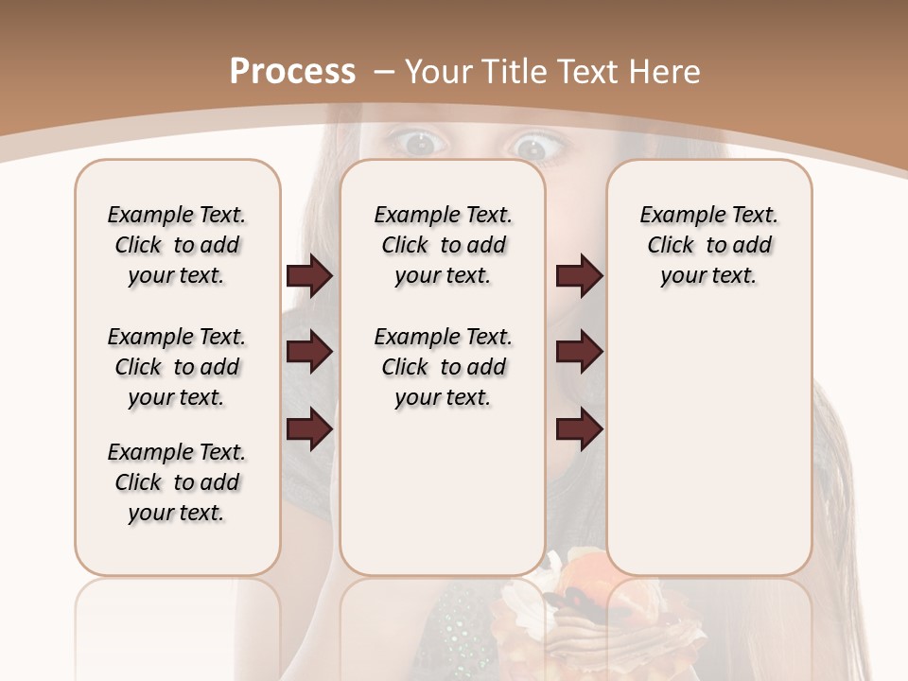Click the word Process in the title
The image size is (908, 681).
pyautogui.click(x=292, y=71)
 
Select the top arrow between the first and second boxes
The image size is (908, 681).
pyautogui.click(x=309, y=276)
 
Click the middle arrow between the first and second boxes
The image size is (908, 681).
pyautogui.click(x=309, y=352)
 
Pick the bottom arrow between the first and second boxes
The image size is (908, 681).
pyautogui.click(x=309, y=429)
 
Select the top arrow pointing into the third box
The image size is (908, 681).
pyautogui.click(x=579, y=276)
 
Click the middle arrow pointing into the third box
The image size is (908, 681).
pyautogui.click(x=579, y=352)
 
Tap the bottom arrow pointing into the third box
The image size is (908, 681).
pyautogui.click(x=579, y=429)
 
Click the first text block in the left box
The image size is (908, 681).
pyautogui.click(x=177, y=245)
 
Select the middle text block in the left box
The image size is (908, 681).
pyautogui.click(x=177, y=367)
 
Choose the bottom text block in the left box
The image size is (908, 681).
pyautogui.click(x=177, y=482)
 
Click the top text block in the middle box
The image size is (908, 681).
pyautogui.click(x=443, y=245)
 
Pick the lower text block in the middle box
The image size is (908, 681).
pyautogui.click(x=443, y=367)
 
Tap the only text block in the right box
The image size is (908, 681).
pyautogui.click(x=708, y=245)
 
